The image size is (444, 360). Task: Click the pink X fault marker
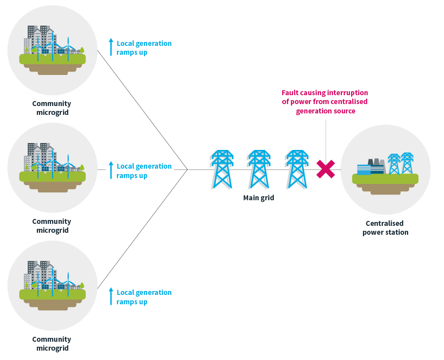click(326, 169)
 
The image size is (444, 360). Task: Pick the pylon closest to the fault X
click(296, 169)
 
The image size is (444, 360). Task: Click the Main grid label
click(258, 198)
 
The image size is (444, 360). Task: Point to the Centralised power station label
click(385, 228)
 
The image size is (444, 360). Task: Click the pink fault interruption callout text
click(325, 102)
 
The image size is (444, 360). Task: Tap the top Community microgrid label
click(52, 108)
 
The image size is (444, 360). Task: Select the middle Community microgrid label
click(52, 226)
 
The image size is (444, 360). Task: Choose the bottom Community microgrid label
click(52, 344)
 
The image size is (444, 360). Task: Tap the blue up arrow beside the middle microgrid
click(111, 170)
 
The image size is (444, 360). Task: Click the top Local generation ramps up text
click(144, 48)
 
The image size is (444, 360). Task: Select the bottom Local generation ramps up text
click(144, 297)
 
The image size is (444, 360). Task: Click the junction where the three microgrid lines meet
click(187, 170)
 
